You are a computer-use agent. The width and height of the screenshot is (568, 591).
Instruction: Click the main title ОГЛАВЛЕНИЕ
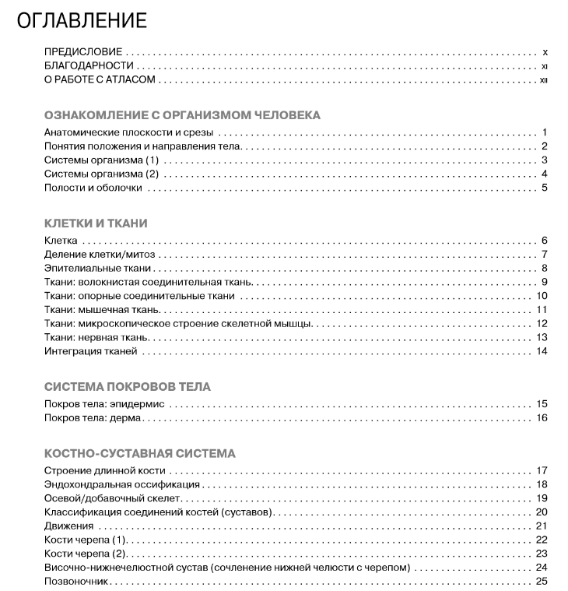point(81,20)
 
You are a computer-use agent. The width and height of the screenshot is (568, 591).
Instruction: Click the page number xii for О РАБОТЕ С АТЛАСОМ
point(544,80)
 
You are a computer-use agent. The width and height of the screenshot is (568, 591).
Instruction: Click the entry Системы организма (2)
point(101,174)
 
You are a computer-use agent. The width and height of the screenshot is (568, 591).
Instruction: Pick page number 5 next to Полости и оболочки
point(545,188)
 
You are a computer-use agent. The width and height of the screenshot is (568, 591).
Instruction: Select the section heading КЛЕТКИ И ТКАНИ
point(96,223)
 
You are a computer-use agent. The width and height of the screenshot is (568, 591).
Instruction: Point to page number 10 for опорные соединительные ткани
point(542,296)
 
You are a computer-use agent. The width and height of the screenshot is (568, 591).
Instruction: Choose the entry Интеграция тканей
point(91,352)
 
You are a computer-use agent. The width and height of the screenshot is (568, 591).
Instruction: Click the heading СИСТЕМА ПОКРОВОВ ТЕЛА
point(128,387)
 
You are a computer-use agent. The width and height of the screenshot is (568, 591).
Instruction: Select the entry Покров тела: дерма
point(94,418)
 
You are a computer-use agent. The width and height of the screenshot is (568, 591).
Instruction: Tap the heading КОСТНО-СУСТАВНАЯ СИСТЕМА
point(140,453)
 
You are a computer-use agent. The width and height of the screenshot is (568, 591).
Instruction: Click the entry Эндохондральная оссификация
point(116,484)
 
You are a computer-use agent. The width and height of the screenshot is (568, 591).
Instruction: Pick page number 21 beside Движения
point(542,526)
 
